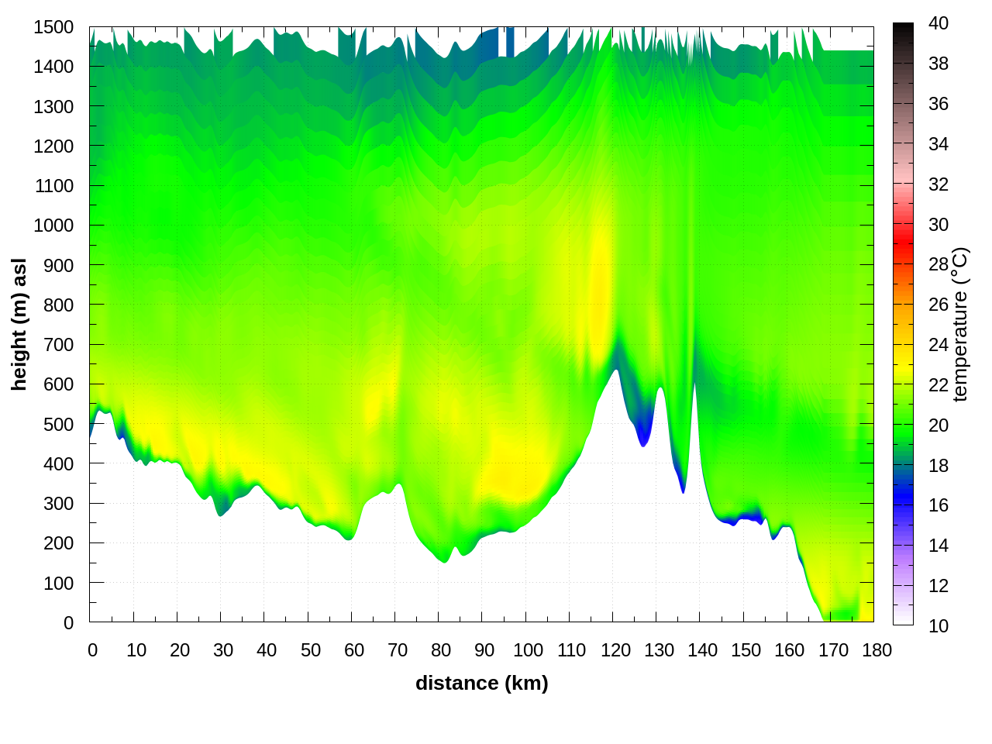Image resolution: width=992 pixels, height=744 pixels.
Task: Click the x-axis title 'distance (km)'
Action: (x=481, y=683)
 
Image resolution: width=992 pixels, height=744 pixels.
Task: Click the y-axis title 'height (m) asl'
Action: (x=19, y=324)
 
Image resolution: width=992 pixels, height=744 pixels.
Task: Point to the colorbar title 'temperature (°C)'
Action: (x=960, y=324)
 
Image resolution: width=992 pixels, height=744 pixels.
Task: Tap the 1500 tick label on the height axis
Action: (x=53, y=27)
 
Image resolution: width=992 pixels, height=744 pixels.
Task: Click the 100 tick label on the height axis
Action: (x=58, y=583)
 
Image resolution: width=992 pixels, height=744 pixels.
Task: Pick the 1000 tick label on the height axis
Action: (x=53, y=226)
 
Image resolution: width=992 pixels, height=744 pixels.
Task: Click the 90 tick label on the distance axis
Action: (x=484, y=650)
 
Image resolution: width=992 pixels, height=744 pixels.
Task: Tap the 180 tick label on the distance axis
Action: (x=877, y=650)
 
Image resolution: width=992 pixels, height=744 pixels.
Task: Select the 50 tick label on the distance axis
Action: (x=310, y=650)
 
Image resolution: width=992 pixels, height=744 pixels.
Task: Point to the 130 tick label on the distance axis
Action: (x=659, y=650)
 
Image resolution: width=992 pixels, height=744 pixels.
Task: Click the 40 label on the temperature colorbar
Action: (x=939, y=23)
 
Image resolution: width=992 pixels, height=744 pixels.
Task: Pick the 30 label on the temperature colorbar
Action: (x=939, y=225)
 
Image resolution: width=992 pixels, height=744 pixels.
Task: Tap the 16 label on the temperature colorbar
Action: (x=939, y=505)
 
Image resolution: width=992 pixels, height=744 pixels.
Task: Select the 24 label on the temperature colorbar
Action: (x=939, y=344)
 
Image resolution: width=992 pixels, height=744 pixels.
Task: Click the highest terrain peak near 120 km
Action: (x=616, y=370)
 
